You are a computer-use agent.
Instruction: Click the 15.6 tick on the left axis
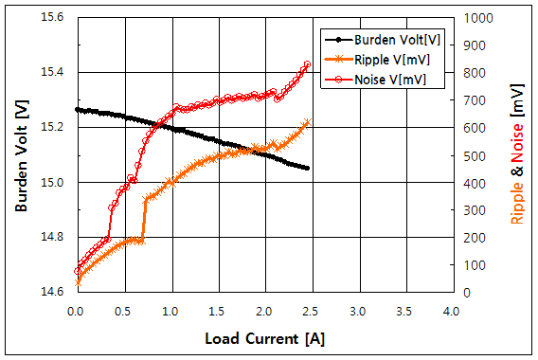tap(53, 18)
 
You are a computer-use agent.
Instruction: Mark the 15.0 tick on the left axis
tap(53, 183)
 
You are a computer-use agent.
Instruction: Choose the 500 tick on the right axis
tap(473, 155)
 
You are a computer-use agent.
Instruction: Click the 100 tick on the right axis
tap(473, 265)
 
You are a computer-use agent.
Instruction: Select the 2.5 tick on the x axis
tap(310, 310)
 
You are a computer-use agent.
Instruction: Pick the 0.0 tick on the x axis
tap(76, 310)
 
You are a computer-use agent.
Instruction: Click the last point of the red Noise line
tap(307, 64)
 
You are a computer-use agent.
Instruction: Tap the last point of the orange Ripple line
tap(307, 122)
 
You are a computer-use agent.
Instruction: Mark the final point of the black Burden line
tap(307, 169)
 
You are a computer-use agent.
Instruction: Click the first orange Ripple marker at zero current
tap(77, 282)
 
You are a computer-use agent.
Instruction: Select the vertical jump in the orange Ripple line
tap(144, 220)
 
